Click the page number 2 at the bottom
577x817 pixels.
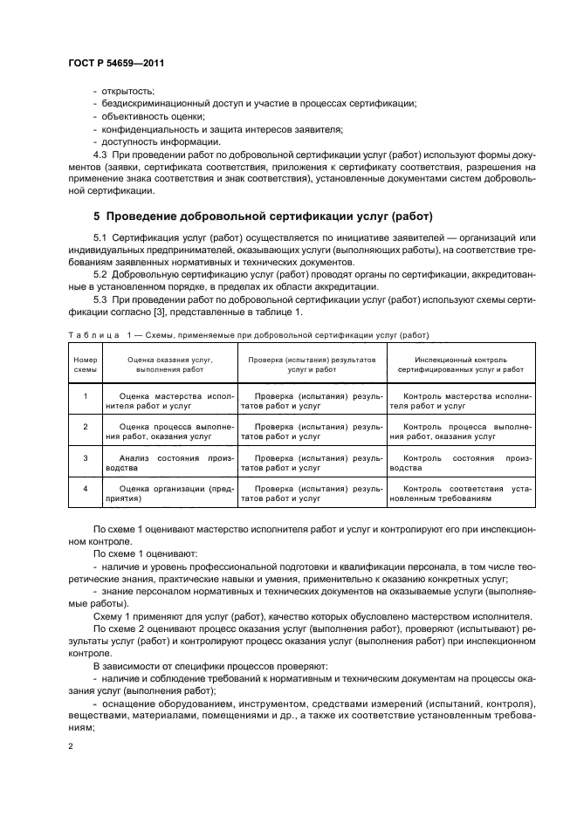pyautogui.click(x=70, y=745)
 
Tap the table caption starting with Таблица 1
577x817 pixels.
pyautogui.click(x=249, y=335)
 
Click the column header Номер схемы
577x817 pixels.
pyautogui.click(x=85, y=364)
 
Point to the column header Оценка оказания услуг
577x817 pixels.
pyautogui.click(x=170, y=364)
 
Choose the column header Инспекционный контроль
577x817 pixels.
pyautogui.click(x=460, y=364)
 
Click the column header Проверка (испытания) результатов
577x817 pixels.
pyautogui.click(x=312, y=364)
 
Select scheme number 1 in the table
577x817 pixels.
pyautogui.click(x=86, y=396)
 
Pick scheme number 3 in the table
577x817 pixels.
pyautogui.click(x=86, y=457)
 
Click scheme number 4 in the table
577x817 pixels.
pyautogui.click(x=86, y=488)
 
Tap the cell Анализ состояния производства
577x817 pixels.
pyautogui.click(x=170, y=463)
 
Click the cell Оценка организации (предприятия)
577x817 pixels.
pyautogui.click(x=170, y=493)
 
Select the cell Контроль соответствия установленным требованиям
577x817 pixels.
pyautogui.click(x=460, y=493)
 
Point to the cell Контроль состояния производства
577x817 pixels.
pyautogui.click(x=460, y=463)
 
